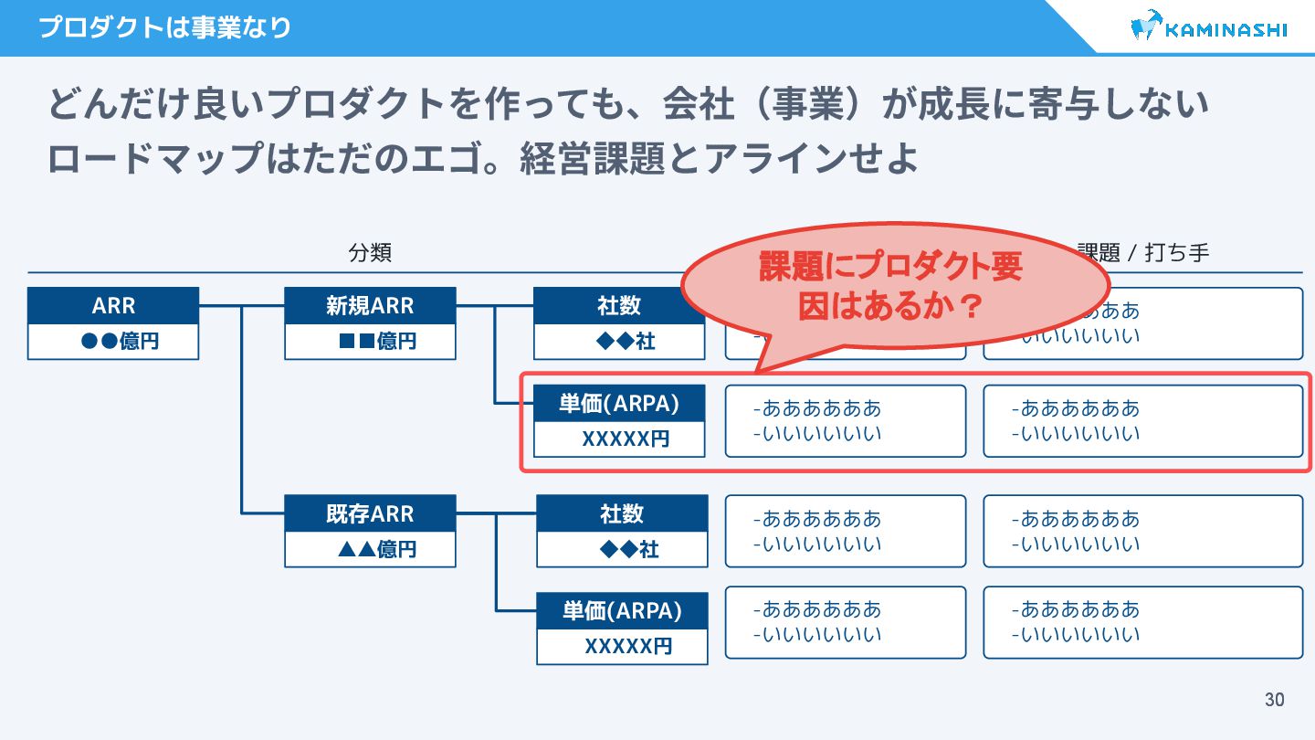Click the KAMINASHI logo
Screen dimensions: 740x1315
click(1208, 28)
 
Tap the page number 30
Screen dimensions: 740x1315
click(1274, 700)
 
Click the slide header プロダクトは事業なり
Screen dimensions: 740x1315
click(164, 27)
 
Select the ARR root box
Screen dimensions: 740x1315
click(113, 306)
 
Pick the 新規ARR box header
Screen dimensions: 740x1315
click(370, 306)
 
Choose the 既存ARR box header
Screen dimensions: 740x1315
click(370, 513)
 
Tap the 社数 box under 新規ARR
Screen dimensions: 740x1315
click(619, 306)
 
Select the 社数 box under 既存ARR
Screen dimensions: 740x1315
click(622, 513)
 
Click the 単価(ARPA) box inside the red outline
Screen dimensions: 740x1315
click(619, 404)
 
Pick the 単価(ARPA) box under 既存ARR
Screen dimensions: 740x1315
click(622, 610)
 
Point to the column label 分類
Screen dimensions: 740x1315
click(370, 253)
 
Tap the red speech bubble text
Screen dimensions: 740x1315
click(890, 286)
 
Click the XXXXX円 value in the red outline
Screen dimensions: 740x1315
click(626, 439)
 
